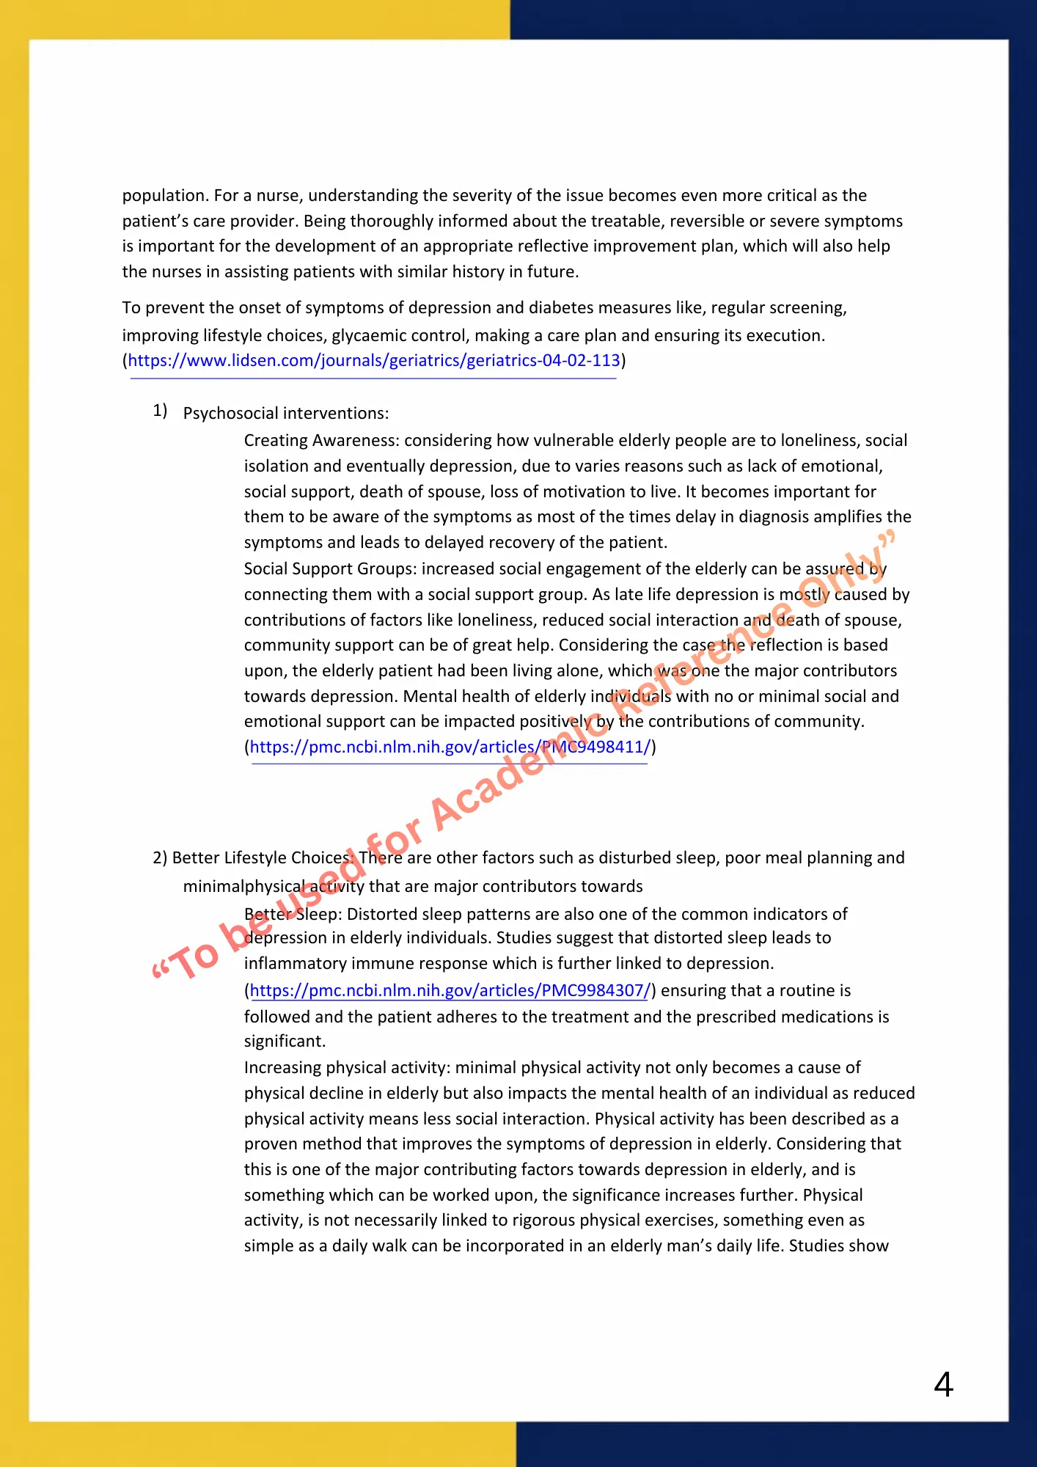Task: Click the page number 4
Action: pyautogui.click(x=943, y=1385)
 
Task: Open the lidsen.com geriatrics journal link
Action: pyautogui.click(x=374, y=361)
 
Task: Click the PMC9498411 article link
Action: pyautogui.click(x=450, y=747)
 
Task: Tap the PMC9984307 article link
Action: pyautogui.click(x=450, y=991)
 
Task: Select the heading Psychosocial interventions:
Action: pyautogui.click(x=286, y=414)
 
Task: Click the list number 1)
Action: pyautogui.click(x=160, y=411)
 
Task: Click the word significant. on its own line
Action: pyautogui.click(x=285, y=1042)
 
